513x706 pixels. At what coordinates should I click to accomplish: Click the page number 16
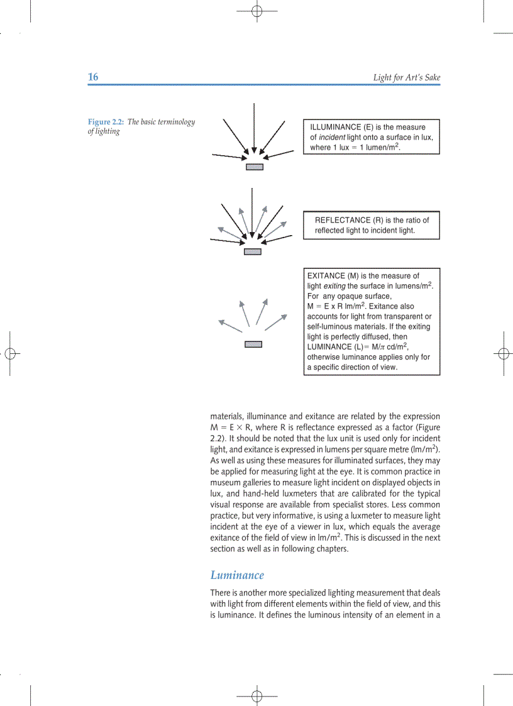coord(93,77)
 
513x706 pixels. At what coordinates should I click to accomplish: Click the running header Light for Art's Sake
coord(406,78)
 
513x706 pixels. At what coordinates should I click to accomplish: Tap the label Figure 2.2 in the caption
coord(106,122)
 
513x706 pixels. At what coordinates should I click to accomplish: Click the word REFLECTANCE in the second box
coord(343,220)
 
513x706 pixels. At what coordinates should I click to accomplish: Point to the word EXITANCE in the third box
coord(326,275)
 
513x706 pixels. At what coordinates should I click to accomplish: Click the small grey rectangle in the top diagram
coord(254,167)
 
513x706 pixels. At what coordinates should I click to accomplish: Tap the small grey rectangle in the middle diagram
coord(252,251)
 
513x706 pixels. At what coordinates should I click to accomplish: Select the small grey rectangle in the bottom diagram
coord(253,344)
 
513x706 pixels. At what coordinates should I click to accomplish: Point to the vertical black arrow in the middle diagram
coord(251,211)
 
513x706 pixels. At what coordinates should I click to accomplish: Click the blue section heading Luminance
coord(237,575)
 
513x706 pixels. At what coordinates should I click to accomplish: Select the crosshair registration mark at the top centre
coord(256,11)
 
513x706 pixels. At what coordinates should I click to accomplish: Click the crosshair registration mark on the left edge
coord(9,353)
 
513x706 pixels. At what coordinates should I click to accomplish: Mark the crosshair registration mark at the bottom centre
coord(256,695)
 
